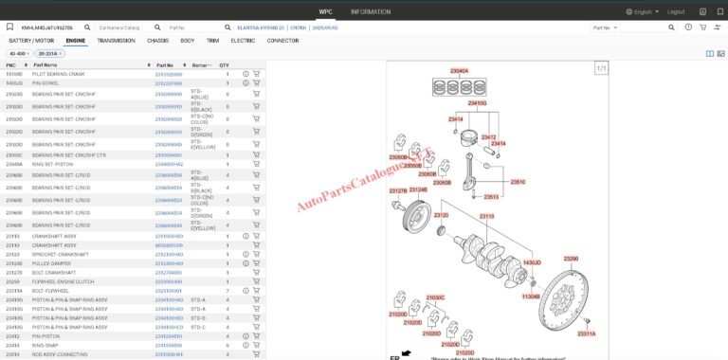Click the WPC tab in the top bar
coord(326,11)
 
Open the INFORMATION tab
coord(371,11)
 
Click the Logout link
coord(676,11)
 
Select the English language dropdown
coord(641,11)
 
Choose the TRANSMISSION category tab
coord(116,41)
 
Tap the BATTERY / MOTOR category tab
coord(32,41)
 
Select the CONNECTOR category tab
coord(282,41)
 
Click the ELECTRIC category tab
coord(243,41)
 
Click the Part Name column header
coord(45,64)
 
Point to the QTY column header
coord(225,64)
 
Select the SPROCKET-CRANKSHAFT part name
coord(61,254)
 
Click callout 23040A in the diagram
coord(459,71)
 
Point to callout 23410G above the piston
coord(476,102)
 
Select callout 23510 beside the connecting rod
coord(518,181)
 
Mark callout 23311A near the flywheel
coord(587,333)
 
